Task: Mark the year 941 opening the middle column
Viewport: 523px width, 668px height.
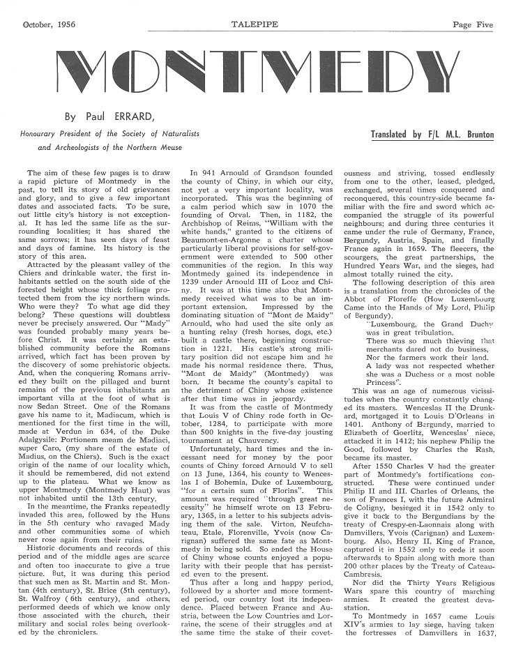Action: pos(208,172)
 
